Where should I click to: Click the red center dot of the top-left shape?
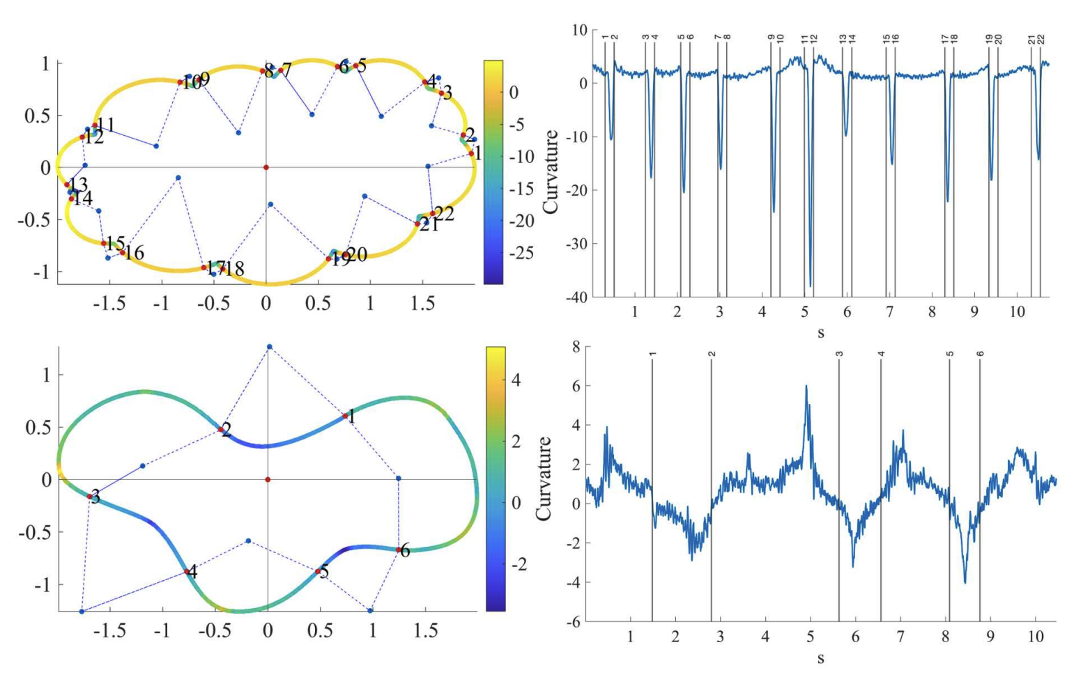pos(266,167)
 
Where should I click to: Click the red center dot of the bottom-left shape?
pos(268,479)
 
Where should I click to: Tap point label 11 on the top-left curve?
pos(105,125)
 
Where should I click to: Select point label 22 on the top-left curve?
pos(444,213)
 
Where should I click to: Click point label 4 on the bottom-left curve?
pos(192,573)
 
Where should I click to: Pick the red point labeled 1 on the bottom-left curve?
pos(345,416)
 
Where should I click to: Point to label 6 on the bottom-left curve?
pos(405,551)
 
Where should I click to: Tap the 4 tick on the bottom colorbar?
pos(516,380)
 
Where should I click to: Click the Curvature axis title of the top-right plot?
pos(551,171)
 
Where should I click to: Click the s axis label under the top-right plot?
pos(820,333)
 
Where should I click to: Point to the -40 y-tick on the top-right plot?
pos(578,297)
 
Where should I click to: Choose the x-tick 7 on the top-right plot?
pos(889,312)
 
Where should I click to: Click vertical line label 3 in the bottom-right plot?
pos(840,354)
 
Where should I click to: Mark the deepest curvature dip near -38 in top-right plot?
pos(811,286)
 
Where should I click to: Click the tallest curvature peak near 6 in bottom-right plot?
pos(806,387)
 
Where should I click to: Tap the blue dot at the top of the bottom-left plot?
pos(270,347)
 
